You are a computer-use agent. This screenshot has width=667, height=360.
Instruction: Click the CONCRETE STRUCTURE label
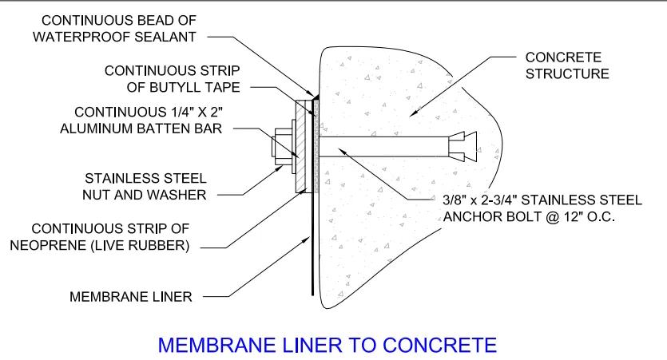(x=566, y=65)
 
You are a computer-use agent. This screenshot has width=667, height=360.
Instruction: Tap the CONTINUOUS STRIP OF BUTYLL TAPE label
(x=172, y=78)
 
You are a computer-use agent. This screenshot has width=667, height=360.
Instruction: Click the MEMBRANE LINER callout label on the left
(x=131, y=296)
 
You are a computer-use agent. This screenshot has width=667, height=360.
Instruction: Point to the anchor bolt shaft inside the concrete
(x=383, y=147)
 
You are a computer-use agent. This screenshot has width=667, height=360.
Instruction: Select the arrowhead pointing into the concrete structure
(x=414, y=116)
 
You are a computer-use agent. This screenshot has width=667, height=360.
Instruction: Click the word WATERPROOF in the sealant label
(x=93, y=36)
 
